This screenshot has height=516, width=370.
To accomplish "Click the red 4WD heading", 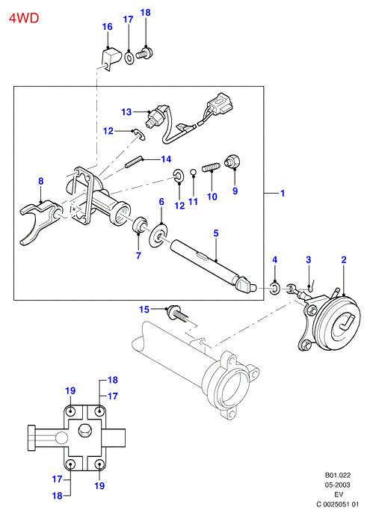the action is [x=24, y=18].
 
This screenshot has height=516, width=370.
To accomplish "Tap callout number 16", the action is [x=108, y=27].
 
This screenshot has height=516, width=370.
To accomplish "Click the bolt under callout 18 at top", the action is [x=145, y=53].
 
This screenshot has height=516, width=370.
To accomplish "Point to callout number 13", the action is [x=126, y=112].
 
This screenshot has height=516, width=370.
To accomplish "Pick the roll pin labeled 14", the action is [x=133, y=162].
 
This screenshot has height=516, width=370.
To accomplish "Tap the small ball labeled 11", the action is [x=194, y=171].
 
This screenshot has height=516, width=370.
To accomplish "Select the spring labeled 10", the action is [x=211, y=168].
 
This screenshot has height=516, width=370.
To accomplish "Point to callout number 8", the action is [x=41, y=181].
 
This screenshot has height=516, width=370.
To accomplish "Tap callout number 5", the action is [x=216, y=233].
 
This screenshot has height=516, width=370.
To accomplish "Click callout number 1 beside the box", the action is [x=283, y=193].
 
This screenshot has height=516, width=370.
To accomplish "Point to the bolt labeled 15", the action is [x=179, y=314].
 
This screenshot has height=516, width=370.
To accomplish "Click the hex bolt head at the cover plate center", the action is [x=84, y=431].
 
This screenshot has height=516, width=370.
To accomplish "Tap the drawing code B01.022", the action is [x=338, y=475].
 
